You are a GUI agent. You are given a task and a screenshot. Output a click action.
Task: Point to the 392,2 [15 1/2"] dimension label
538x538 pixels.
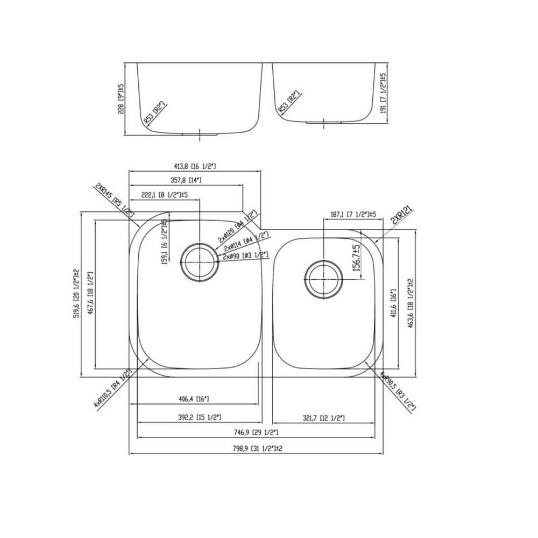click(x=200, y=417)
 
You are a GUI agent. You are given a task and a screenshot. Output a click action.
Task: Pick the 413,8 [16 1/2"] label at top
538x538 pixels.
click(x=194, y=166)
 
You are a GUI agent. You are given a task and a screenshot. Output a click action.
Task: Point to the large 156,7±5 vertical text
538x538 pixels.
click(x=356, y=260)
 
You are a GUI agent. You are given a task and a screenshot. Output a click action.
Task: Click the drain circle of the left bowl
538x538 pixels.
click(x=199, y=262)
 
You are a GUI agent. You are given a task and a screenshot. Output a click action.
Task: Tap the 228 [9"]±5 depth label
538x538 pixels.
click(x=122, y=98)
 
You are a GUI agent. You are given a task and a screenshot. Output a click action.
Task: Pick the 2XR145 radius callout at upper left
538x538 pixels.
click(x=114, y=200)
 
